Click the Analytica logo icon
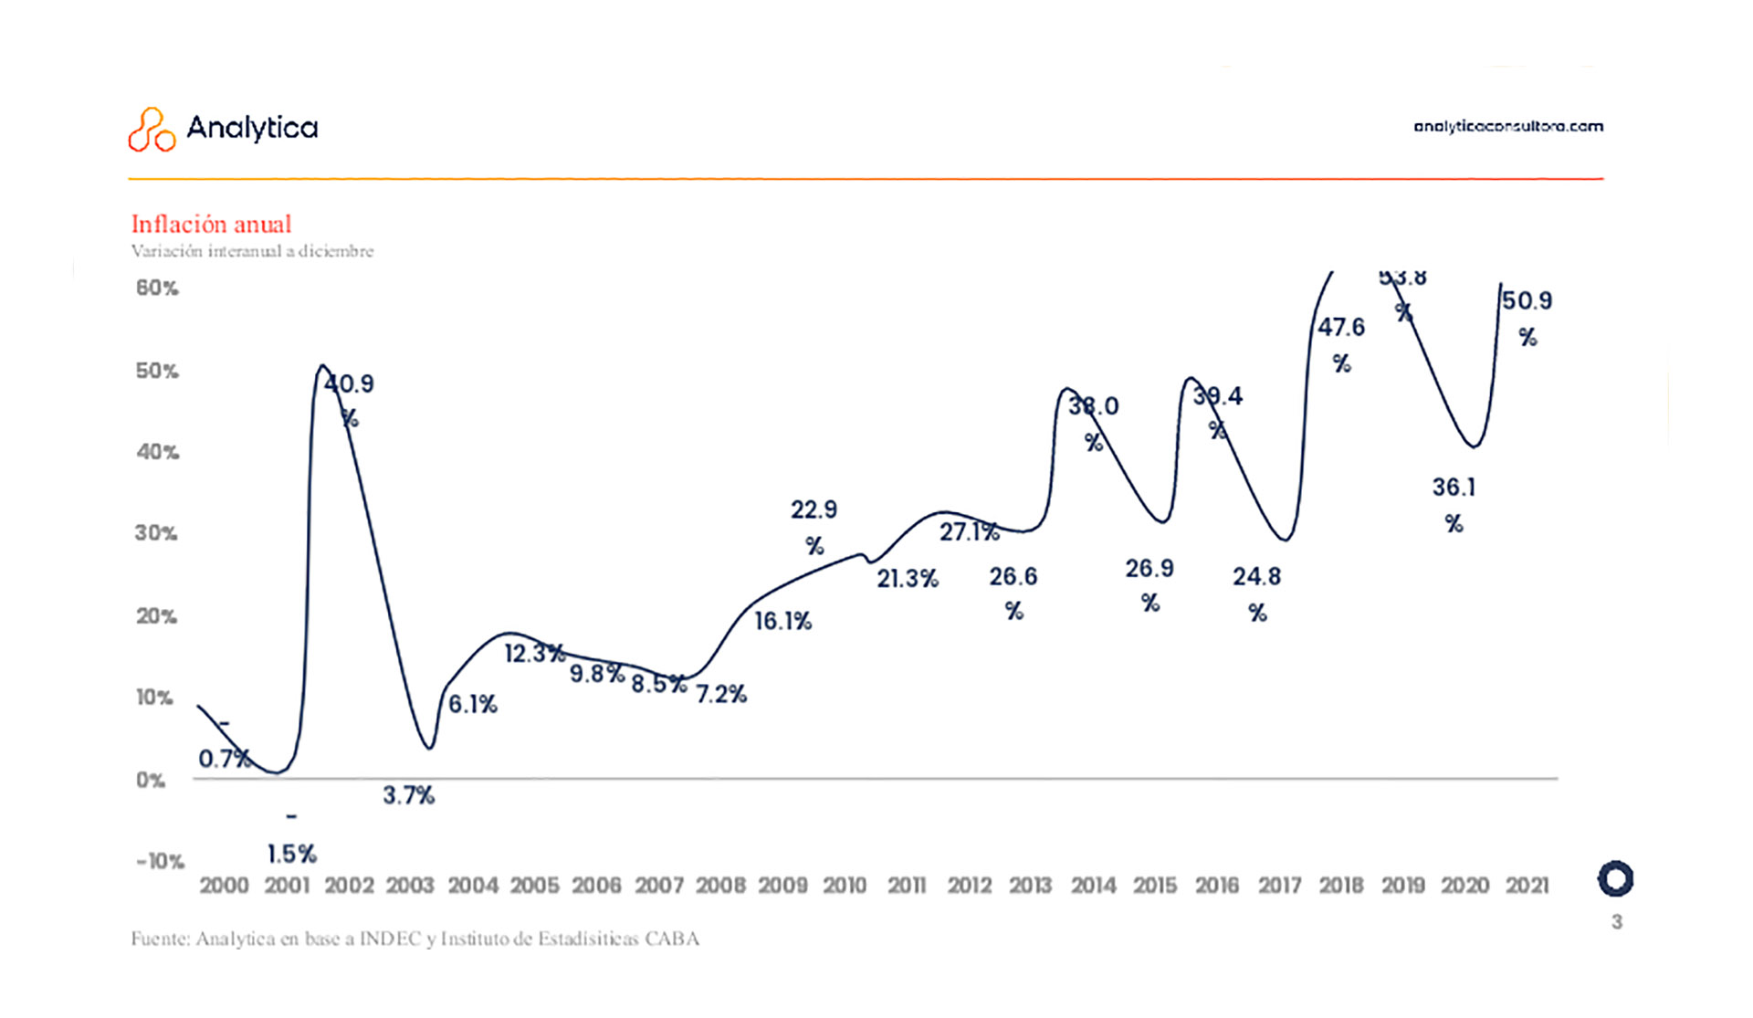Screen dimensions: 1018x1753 151,130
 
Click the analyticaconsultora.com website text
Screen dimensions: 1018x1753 1507,126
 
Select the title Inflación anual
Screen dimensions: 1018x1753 211,224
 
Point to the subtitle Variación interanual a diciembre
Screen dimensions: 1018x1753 252,251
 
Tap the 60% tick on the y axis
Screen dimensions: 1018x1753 157,288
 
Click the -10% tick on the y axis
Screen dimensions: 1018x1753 160,861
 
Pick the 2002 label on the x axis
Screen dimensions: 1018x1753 349,885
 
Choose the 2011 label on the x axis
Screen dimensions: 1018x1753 907,885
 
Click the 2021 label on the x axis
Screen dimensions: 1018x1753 1527,885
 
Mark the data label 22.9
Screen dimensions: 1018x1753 814,509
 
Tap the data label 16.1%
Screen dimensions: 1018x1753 782,621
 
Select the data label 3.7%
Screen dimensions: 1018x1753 408,795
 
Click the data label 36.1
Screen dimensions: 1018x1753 1454,488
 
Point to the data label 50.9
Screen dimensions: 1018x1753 1527,300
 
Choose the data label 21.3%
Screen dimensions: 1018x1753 907,578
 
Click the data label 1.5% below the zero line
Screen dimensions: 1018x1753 291,854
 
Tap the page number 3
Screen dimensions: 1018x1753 1616,922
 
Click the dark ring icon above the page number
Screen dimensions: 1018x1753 1615,879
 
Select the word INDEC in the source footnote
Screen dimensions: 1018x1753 390,939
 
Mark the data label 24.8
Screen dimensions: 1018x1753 1256,577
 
